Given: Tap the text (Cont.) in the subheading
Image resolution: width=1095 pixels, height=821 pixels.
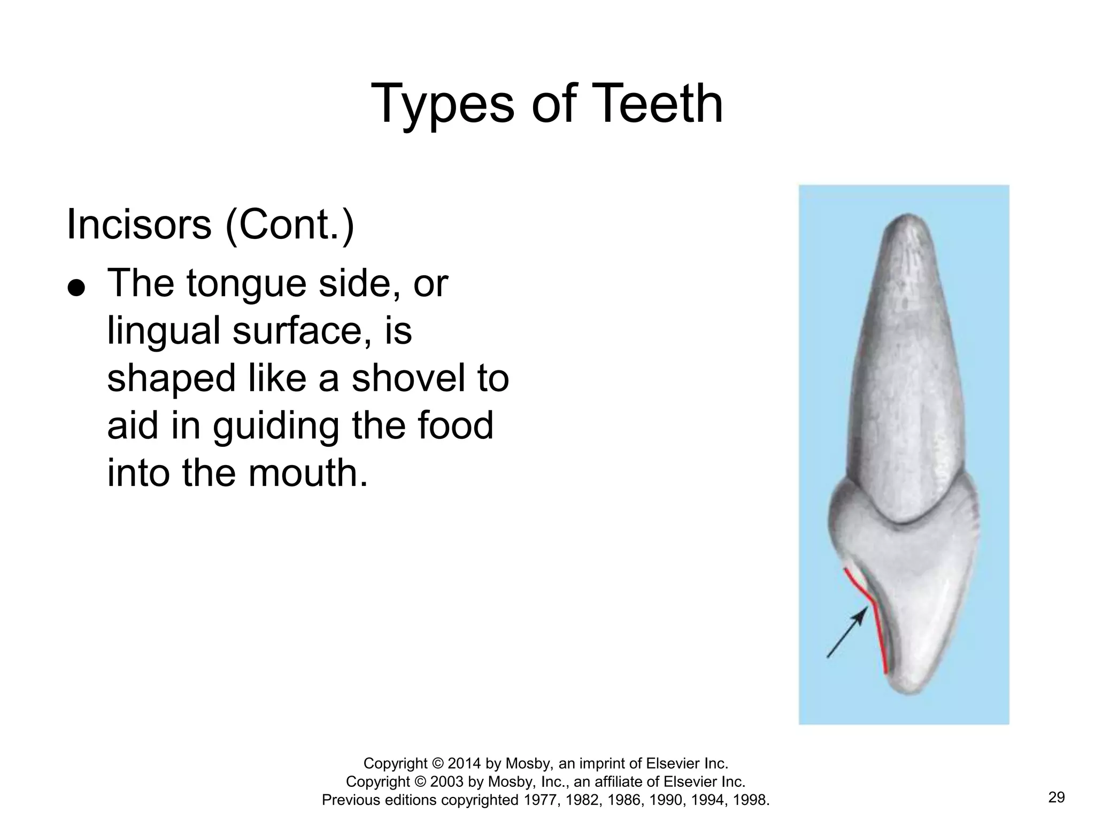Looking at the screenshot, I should pyautogui.click(x=289, y=224).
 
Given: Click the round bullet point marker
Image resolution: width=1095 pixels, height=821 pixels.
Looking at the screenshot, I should pyautogui.click(x=76, y=288).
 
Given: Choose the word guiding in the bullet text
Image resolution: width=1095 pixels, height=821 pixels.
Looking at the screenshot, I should pyautogui.click(x=275, y=427).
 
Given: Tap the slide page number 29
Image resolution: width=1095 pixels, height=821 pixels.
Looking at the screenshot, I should pyautogui.click(x=1057, y=797).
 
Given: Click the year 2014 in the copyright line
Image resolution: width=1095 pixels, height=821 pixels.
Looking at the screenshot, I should pyautogui.click(x=464, y=763).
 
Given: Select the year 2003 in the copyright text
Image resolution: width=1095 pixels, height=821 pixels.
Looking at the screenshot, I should pyautogui.click(x=447, y=781).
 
